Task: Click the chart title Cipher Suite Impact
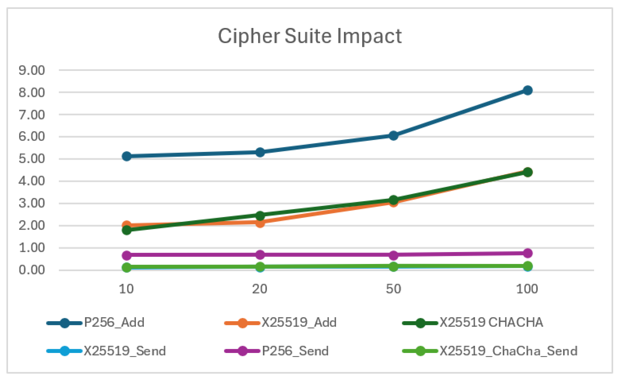click(x=309, y=36)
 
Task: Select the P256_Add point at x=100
click(x=528, y=90)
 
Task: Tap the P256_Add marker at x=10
click(x=127, y=156)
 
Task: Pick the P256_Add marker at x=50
click(x=393, y=136)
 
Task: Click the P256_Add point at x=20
click(x=260, y=152)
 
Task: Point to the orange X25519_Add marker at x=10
click(x=127, y=225)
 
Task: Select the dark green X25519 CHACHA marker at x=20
click(x=260, y=215)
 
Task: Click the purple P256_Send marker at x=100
click(x=528, y=253)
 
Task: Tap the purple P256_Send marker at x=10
click(x=127, y=255)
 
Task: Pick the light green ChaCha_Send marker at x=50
click(x=393, y=266)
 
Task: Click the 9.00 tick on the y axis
click(x=32, y=70)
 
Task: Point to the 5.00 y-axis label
click(x=32, y=159)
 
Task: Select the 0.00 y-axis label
click(x=32, y=270)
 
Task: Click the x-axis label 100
click(x=527, y=289)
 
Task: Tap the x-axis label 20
click(x=260, y=289)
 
